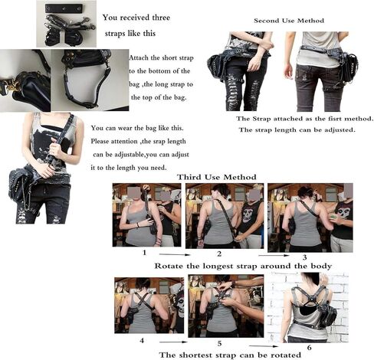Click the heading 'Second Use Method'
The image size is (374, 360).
click(x=289, y=21)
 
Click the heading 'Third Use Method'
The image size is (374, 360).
click(x=217, y=177)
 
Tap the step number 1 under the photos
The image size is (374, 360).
click(x=144, y=253)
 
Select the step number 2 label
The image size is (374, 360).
click(x=219, y=254)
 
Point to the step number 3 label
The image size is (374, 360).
click(x=304, y=257)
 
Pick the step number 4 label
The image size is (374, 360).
click(x=142, y=340)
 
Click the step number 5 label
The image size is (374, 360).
click(x=219, y=343)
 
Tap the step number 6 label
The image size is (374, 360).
click(x=310, y=347)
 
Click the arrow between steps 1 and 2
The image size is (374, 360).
click(x=175, y=254)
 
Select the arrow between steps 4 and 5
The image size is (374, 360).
click(x=173, y=342)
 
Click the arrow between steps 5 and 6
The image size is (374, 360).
click(x=264, y=346)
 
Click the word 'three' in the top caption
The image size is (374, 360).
click(x=161, y=18)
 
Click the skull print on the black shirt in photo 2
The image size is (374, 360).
click(x=248, y=212)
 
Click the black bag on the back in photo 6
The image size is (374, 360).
click(x=326, y=314)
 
